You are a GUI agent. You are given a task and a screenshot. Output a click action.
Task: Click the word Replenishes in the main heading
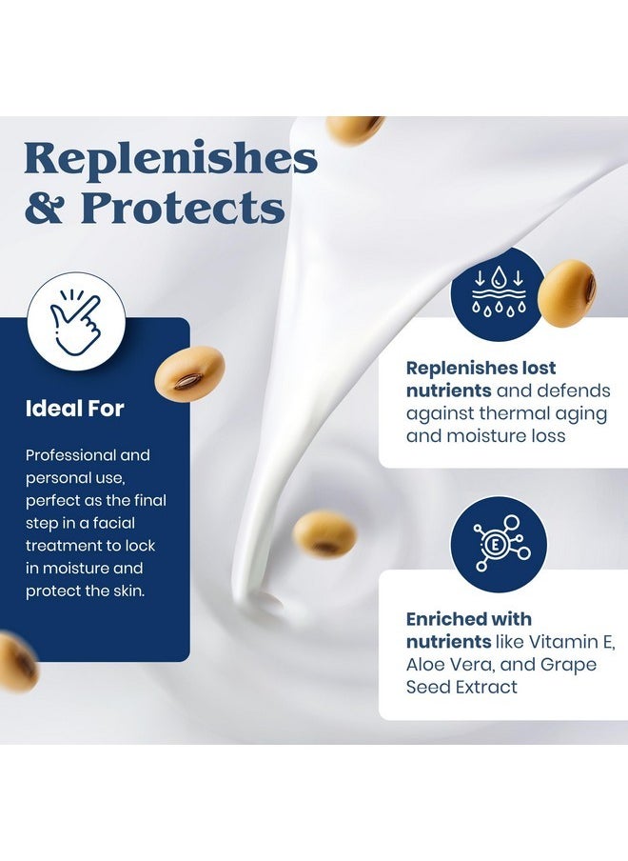click(x=171, y=159)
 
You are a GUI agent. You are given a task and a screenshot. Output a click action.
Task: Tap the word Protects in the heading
click(x=184, y=207)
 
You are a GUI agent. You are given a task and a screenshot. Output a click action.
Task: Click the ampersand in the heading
click(x=44, y=207)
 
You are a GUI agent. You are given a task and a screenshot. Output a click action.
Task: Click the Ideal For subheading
click(x=74, y=409)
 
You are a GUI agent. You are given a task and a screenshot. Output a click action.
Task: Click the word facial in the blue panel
click(x=113, y=523)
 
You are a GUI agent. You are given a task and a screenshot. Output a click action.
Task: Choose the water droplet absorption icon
click(x=499, y=292)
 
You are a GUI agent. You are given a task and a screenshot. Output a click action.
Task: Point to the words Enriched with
click(x=469, y=619)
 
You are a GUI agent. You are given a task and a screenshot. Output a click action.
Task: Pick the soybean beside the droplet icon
click(x=566, y=292)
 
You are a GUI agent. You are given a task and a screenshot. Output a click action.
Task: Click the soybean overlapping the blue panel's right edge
click(x=189, y=373)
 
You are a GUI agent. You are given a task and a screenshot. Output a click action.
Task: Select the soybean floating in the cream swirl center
click(x=324, y=533)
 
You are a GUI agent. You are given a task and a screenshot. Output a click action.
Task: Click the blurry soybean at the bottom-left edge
click(x=16, y=662)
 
